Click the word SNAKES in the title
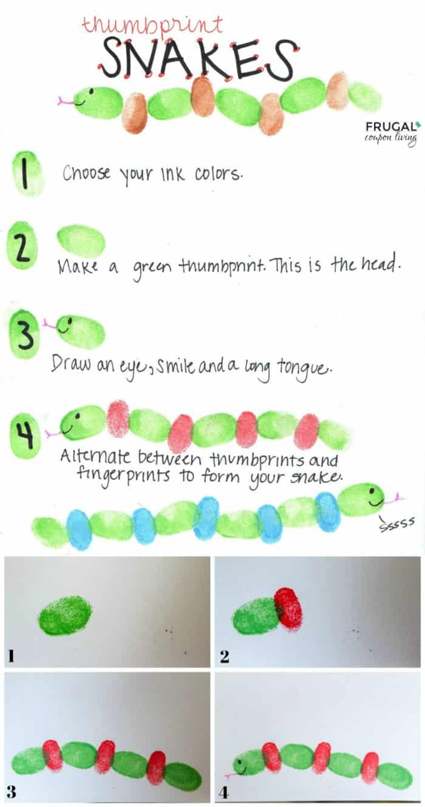tap(198, 59)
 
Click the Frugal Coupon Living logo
tap(391, 133)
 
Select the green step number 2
tap(22, 246)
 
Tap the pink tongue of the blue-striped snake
tap(397, 498)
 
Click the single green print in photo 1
tap(66, 615)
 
